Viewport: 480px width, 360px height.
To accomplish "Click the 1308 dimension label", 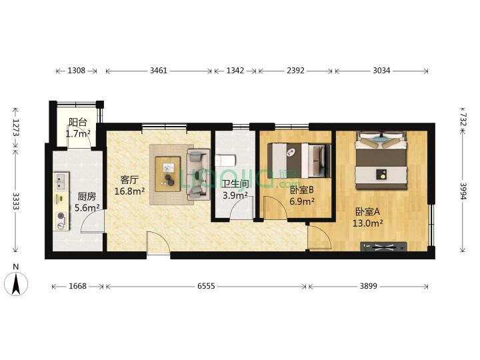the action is coord(76,71).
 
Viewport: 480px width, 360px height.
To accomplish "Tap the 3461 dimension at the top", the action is coord(159,71).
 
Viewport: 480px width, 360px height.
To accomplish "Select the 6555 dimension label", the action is coord(206,286).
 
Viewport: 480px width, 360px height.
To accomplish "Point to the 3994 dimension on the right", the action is coord(463,191).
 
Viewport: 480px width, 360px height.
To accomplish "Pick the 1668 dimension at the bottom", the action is coord(77,286).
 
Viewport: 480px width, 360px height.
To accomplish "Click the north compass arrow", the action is coord(16,284).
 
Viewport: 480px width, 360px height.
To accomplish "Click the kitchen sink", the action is coord(61,181).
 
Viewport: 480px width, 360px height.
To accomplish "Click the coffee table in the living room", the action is coord(168,174).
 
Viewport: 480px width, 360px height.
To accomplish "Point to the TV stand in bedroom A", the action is coord(383,247).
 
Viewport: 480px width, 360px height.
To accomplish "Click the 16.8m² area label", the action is coord(129,191).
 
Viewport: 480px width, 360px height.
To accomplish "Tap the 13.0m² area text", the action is coord(367,223).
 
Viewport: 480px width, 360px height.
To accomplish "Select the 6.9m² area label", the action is coord(302,201).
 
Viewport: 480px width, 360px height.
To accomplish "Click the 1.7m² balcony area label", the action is coord(78,134).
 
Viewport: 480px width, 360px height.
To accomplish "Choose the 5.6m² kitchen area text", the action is coord(87,208).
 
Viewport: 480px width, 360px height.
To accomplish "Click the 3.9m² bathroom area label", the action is coord(235,195).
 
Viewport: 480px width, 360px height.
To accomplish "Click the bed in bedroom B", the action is coord(299,161).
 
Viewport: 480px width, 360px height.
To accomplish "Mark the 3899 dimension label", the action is coord(368,286).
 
